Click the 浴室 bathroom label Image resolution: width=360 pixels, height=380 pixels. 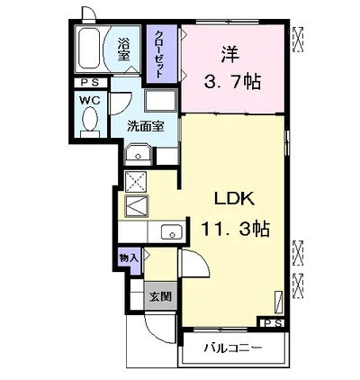(x=123, y=49)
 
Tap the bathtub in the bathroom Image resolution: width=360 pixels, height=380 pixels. (x=89, y=49)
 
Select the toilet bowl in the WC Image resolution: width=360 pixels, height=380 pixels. (x=90, y=120)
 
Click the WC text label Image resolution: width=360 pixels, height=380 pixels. (x=90, y=100)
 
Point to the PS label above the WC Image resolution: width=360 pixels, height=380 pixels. (x=90, y=83)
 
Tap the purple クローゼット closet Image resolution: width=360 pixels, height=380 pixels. (x=162, y=54)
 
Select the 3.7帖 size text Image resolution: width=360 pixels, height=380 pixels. (x=232, y=81)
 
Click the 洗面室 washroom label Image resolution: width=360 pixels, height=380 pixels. (x=146, y=126)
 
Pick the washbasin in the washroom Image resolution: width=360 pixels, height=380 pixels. (x=138, y=155)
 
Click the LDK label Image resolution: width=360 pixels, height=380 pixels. (x=234, y=198)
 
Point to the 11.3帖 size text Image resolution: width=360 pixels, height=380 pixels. (x=235, y=229)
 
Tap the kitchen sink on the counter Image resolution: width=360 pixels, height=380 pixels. (x=171, y=231)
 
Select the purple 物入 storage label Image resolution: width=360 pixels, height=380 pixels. (x=129, y=258)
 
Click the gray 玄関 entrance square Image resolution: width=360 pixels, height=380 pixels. (x=160, y=296)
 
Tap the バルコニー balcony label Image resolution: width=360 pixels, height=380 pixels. (x=233, y=348)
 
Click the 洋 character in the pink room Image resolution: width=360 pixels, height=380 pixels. (x=230, y=54)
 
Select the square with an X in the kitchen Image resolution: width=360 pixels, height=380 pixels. (x=135, y=182)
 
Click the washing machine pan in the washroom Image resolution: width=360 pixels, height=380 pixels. (x=160, y=101)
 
